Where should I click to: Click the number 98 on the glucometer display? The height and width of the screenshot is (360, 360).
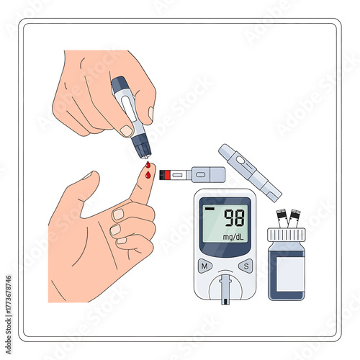point(233,217)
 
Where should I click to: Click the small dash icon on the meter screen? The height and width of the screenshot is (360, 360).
point(210,210)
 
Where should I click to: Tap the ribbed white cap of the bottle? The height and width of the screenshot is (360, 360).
point(287,235)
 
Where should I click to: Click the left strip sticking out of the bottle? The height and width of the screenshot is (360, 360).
point(281,217)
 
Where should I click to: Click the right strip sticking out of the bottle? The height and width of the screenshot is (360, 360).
point(294,217)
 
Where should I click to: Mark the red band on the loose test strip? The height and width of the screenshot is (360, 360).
point(165,174)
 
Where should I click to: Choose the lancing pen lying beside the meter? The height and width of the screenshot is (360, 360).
point(249,171)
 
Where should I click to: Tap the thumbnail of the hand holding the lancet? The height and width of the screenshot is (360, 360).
point(127,130)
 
